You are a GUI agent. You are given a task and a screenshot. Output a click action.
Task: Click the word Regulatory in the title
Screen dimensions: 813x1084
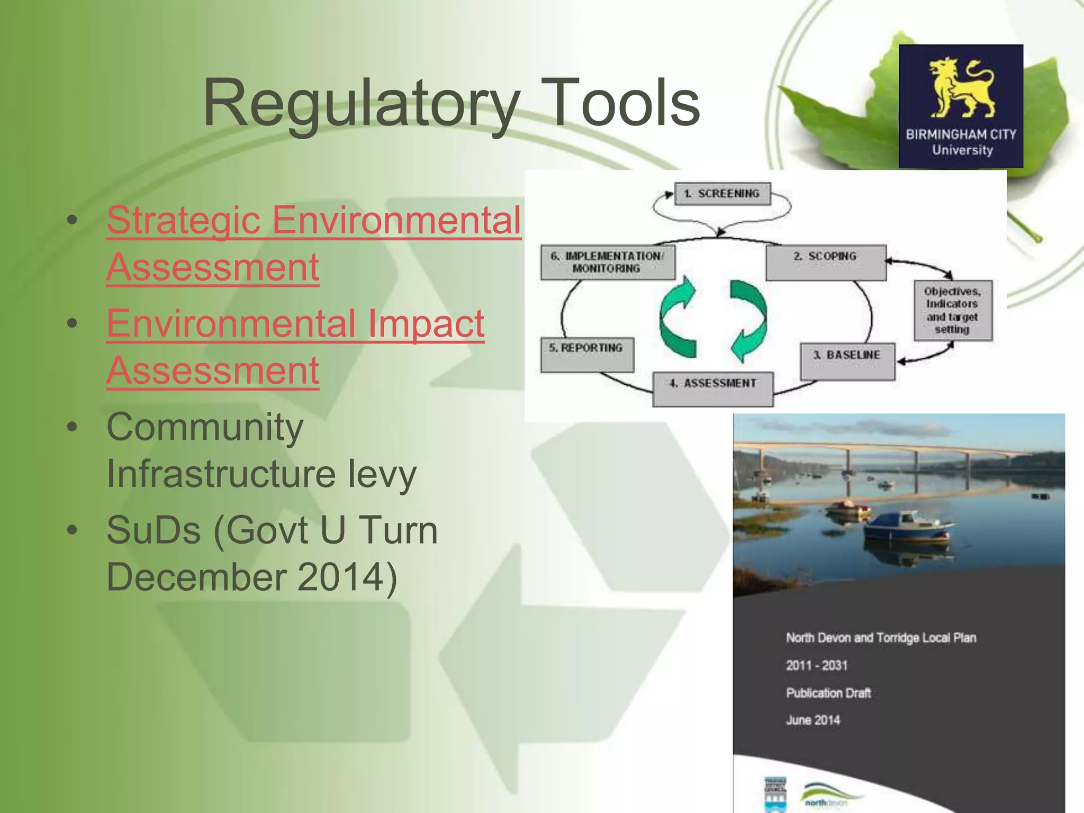click(x=360, y=103)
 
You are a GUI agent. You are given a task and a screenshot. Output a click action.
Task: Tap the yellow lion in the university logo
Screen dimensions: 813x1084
click(x=961, y=87)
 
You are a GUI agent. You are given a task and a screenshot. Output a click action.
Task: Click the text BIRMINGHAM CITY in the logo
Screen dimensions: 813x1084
click(x=961, y=134)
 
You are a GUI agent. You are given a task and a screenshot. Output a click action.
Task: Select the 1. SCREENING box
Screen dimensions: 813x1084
click(x=722, y=194)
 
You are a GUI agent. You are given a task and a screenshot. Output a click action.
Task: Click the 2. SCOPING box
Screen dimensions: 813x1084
click(x=825, y=262)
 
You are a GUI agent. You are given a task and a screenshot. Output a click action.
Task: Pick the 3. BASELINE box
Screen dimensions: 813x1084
click(x=847, y=361)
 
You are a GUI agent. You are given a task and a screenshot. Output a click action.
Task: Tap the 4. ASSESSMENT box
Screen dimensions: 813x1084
click(x=712, y=389)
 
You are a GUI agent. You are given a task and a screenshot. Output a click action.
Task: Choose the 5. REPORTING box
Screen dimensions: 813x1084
click(x=586, y=354)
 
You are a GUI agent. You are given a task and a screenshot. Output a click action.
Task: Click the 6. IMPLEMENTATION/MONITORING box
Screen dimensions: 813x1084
click(x=607, y=262)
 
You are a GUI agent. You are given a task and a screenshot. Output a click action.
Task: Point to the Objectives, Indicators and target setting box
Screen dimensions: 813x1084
click(x=952, y=310)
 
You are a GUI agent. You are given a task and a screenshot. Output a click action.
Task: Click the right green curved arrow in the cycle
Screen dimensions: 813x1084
click(x=747, y=320)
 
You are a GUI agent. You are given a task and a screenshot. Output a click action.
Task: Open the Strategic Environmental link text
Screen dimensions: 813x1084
click(x=313, y=220)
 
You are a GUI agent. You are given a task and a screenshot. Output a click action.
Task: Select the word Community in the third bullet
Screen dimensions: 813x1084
click(x=205, y=427)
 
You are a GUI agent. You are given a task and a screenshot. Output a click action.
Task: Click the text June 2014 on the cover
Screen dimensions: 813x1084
click(x=813, y=720)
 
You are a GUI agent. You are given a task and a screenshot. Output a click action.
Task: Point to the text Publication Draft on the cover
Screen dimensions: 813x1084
click(x=828, y=693)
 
